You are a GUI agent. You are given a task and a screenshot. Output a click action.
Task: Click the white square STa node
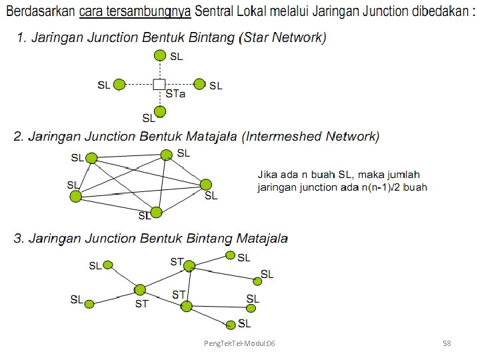159,84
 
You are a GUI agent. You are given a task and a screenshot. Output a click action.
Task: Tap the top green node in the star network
159,56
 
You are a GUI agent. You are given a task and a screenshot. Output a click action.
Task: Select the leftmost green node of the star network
119,85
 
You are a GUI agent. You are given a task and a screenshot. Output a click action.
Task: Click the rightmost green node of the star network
199,84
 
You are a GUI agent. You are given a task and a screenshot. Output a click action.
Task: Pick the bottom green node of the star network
159,111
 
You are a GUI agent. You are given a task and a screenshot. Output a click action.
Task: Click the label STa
175,94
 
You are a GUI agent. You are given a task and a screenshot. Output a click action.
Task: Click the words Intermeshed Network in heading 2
311,137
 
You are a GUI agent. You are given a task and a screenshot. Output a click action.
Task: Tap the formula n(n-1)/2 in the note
385,187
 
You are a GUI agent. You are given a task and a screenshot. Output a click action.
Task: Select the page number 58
447,343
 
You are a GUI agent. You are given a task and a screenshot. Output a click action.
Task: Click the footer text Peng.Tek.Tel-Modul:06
239,343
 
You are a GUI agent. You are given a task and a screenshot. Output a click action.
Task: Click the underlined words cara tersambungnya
135,11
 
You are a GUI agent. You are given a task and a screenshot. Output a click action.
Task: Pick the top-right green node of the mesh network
167,155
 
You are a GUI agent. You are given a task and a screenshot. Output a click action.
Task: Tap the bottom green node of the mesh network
156,212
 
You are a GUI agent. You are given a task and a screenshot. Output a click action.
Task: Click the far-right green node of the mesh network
206,184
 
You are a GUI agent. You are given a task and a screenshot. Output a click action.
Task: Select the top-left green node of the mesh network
91,158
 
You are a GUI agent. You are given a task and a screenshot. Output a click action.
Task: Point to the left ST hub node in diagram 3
140,289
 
